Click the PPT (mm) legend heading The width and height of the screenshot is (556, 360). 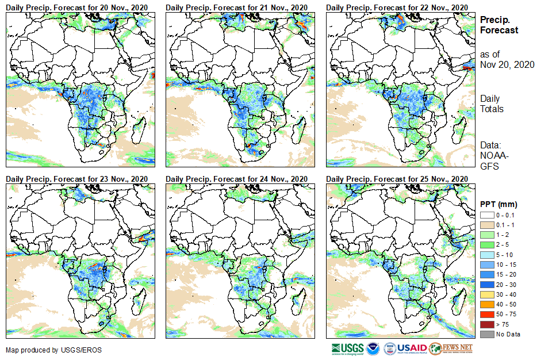click(499, 204)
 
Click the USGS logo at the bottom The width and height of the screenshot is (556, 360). click(347, 348)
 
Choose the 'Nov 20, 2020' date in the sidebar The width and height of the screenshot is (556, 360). click(507, 64)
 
